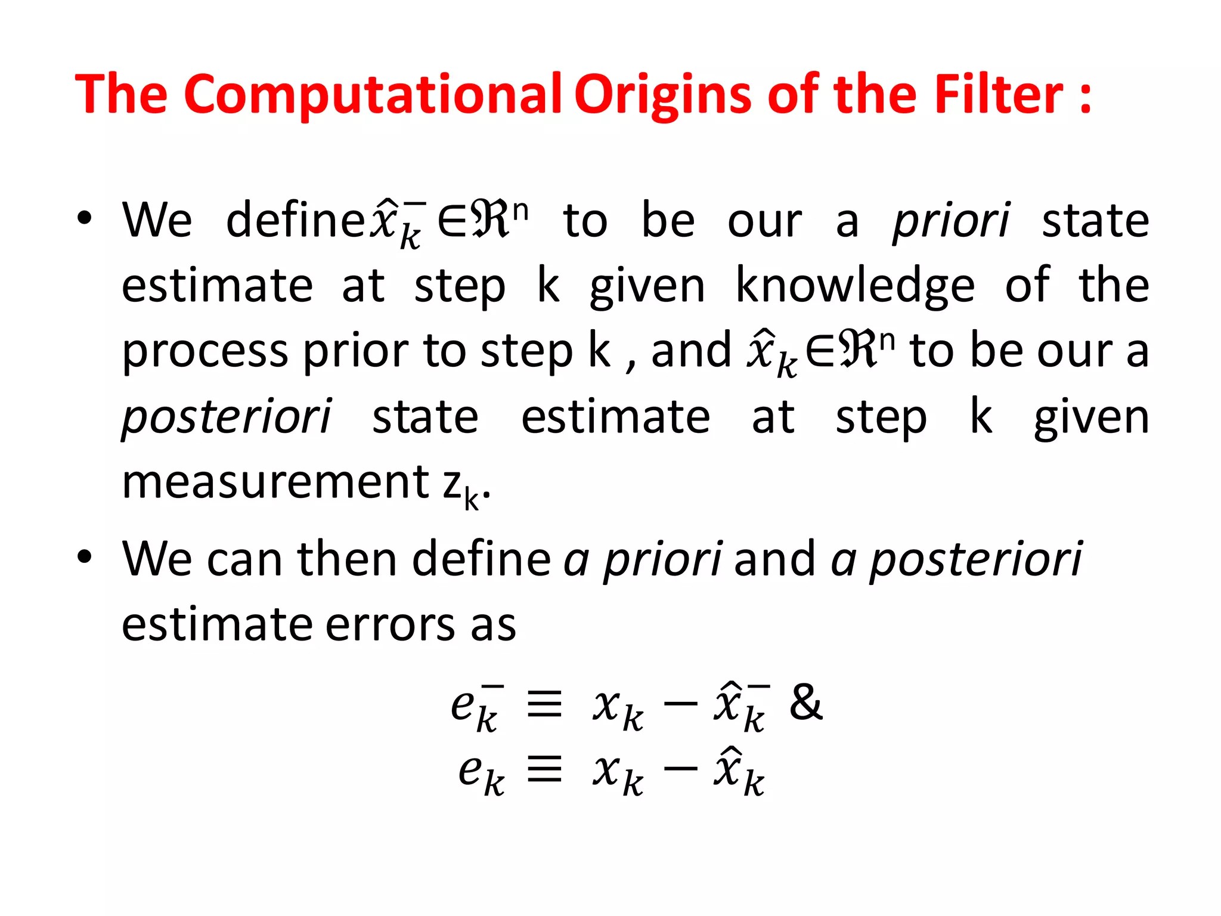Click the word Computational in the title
[x=373, y=94]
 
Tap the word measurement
[x=275, y=482]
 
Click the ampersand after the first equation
[x=805, y=702]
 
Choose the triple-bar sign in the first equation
[x=545, y=704]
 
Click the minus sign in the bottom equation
[x=680, y=768]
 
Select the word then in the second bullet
[x=346, y=559]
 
